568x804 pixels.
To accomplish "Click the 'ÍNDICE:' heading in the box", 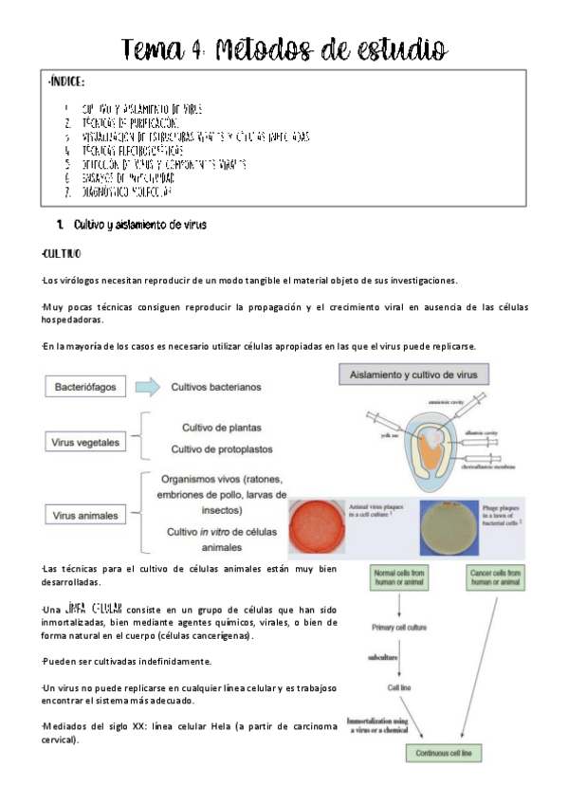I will (x=67, y=83).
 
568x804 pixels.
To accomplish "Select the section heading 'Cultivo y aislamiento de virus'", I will (x=139, y=225).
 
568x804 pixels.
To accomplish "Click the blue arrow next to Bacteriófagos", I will (x=147, y=387).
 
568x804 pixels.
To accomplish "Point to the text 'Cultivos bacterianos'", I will (x=216, y=387).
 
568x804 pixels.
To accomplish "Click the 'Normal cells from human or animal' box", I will (x=404, y=578).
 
